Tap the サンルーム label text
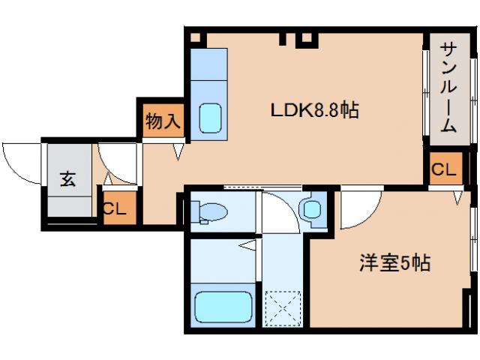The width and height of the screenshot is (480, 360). tap(448, 87)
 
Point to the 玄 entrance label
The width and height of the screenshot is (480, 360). tap(67, 180)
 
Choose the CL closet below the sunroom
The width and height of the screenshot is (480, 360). tap(444, 169)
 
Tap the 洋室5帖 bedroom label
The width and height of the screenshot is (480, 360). tap(394, 263)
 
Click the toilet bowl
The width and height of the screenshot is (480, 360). tap(215, 211)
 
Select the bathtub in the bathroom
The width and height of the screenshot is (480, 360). tap(223, 307)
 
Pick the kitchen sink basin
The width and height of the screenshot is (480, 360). tap(211, 116)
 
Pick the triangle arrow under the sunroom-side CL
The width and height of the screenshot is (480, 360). tap(457, 198)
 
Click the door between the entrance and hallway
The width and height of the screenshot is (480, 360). tap(116, 161)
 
